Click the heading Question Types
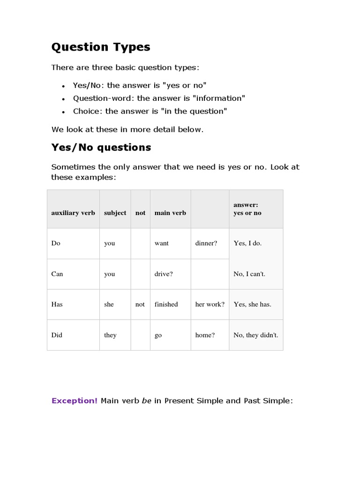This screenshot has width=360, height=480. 100,47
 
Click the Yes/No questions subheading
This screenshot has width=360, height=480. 101,147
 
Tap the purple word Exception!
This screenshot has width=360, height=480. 75,401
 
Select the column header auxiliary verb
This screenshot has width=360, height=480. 73,213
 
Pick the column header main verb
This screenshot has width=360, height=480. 170,213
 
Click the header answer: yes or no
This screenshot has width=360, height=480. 247,209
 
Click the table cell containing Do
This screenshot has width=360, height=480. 56,243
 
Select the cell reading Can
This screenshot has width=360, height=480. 57,274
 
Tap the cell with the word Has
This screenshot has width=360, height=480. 57,304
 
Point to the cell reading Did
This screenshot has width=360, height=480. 57,335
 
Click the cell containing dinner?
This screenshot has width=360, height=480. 206,243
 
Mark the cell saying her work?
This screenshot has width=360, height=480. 210,304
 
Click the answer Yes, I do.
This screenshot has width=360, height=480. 247,243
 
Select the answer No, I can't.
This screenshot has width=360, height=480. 249,274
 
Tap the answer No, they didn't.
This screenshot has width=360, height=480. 255,335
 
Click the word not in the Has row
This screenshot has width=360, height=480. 140,304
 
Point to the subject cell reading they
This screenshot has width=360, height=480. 110,335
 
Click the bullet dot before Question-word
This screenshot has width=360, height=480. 63,99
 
